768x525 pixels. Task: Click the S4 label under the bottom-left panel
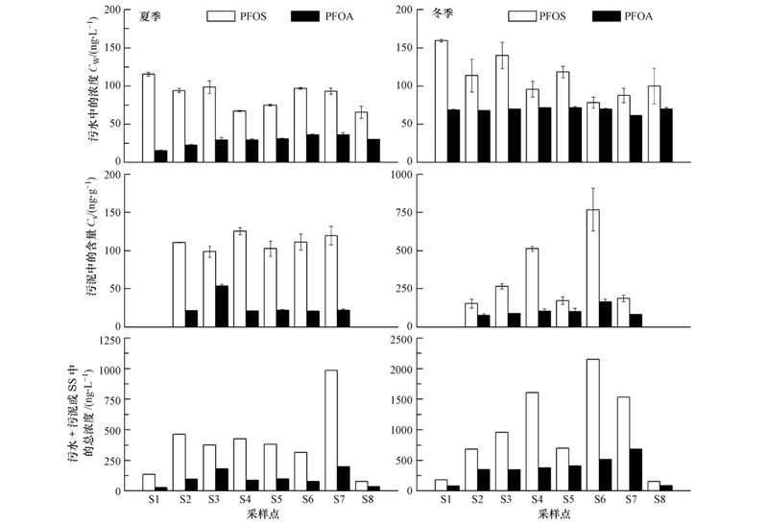click(246, 500)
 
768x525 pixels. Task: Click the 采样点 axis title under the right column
click(554, 514)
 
